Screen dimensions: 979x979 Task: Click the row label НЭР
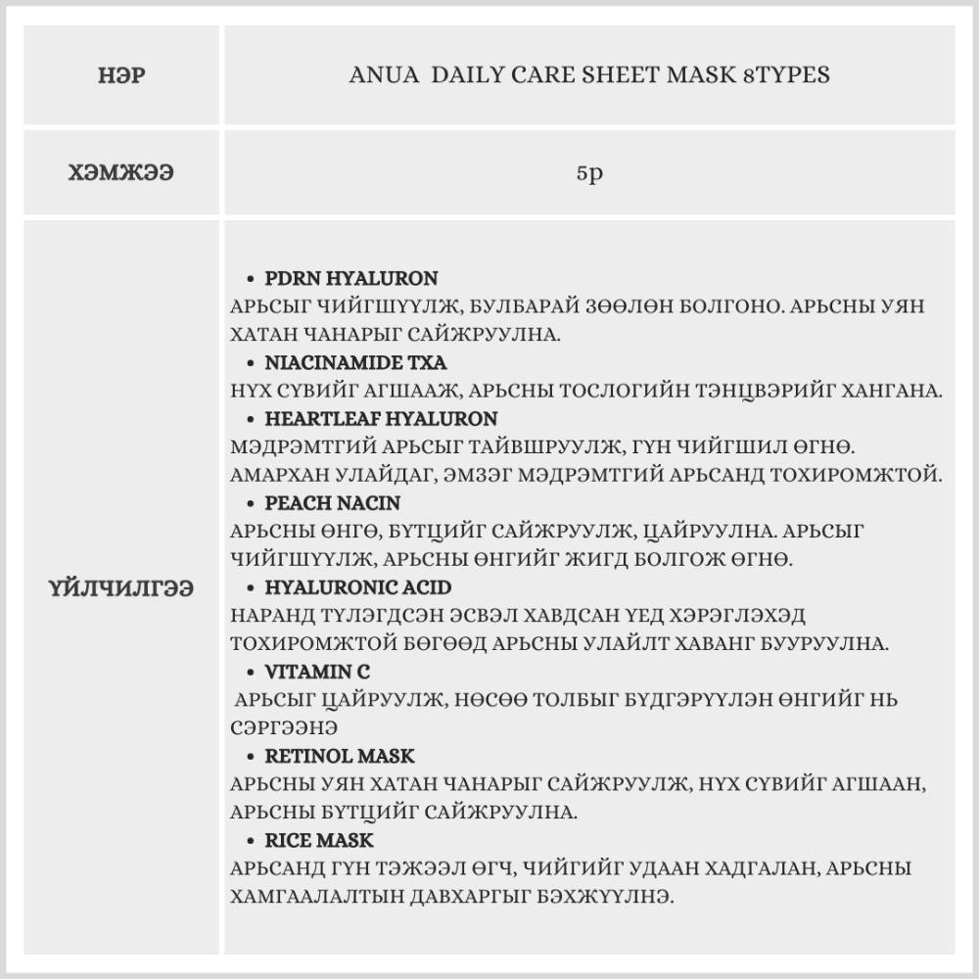click(x=122, y=75)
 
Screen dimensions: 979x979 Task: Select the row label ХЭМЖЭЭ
click(x=122, y=173)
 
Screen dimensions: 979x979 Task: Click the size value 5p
click(x=588, y=173)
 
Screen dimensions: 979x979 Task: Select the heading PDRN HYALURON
click(x=351, y=278)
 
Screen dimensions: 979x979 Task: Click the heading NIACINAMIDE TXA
click(x=355, y=362)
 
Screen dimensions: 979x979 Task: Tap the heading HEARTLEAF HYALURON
click(x=381, y=419)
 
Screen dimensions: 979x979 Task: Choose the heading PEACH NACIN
click(x=333, y=503)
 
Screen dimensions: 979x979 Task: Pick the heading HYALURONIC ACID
click(x=358, y=587)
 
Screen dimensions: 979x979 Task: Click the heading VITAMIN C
click(x=317, y=672)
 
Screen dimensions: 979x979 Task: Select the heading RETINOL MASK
click(x=340, y=756)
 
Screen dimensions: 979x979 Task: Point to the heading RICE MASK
click(x=319, y=840)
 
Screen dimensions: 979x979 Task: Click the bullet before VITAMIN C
click(x=253, y=673)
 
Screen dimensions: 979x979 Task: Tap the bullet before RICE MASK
click(x=253, y=841)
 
